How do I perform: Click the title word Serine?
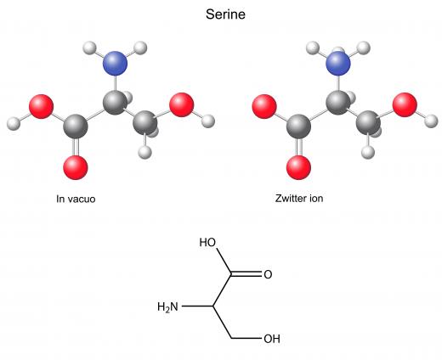pyautogui.click(x=225, y=14)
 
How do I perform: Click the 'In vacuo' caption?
pyautogui.click(x=76, y=199)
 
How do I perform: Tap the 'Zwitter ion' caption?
pyautogui.click(x=299, y=198)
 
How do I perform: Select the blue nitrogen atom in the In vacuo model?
pyautogui.click(x=115, y=63)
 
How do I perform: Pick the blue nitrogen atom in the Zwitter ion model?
pyautogui.click(x=338, y=63)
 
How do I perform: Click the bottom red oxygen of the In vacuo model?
pyautogui.click(x=76, y=167)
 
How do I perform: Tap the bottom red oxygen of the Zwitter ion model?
pyautogui.click(x=298, y=167)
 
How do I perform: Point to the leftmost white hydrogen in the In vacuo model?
pyautogui.click(x=14, y=123)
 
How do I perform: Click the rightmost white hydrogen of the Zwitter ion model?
pyautogui.click(x=431, y=121)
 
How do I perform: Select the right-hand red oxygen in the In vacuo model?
pyautogui.click(x=181, y=104)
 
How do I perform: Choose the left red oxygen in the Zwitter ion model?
pyautogui.click(x=264, y=106)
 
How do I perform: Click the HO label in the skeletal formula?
pyautogui.click(x=207, y=243)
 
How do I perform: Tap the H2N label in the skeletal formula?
pyautogui.click(x=167, y=307)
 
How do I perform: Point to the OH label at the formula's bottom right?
pyautogui.click(x=272, y=339)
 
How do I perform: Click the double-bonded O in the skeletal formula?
pyautogui.click(x=268, y=274)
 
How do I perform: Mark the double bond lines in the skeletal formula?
pyautogui.click(x=246, y=274)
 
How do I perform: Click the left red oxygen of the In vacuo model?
pyautogui.click(x=41, y=106)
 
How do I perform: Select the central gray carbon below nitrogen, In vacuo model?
pyautogui.click(x=115, y=103)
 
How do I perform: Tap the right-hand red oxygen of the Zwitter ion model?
pyautogui.click(x=405, y=104)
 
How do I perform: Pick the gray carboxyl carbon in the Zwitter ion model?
pyautogui.click(x=298, y=127)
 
